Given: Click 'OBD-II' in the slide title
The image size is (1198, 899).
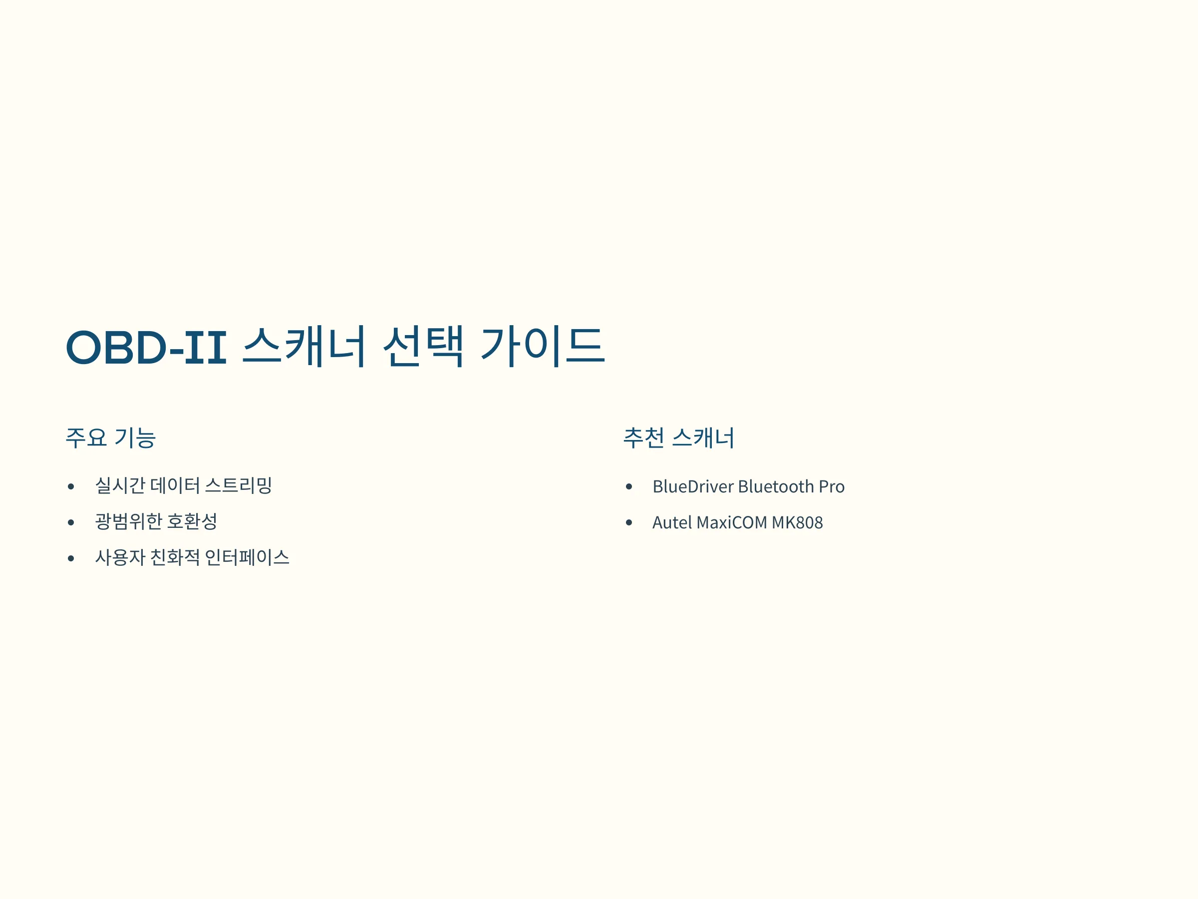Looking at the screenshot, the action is pos(146,347).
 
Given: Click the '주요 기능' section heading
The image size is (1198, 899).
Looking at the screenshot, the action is pos(110,438).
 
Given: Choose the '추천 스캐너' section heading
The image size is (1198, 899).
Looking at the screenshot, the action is pos(678,438).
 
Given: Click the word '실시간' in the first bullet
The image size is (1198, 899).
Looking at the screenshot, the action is pos(120,485).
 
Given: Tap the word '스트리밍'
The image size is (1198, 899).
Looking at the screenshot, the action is pos(238,485).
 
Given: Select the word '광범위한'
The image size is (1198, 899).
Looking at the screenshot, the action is pos(129,521).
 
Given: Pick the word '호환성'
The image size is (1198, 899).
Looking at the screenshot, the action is pos(192,521).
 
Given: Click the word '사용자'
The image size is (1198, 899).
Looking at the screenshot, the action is pos(120,557).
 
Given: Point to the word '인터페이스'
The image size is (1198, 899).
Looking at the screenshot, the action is pos(247,557).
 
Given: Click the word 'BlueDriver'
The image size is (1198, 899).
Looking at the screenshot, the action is pos(693,486).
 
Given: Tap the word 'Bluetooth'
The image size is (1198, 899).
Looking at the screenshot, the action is pos(776,486).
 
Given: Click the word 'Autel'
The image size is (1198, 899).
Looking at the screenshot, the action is pos(672,522).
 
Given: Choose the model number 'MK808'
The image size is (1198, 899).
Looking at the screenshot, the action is pos(797,522).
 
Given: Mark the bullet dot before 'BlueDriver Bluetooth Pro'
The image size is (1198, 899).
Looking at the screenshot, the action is pos(629,486).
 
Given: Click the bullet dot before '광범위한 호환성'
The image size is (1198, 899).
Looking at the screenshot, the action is pos(71,522).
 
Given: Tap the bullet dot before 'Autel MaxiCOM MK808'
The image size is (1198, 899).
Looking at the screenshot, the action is pos(629,522).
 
